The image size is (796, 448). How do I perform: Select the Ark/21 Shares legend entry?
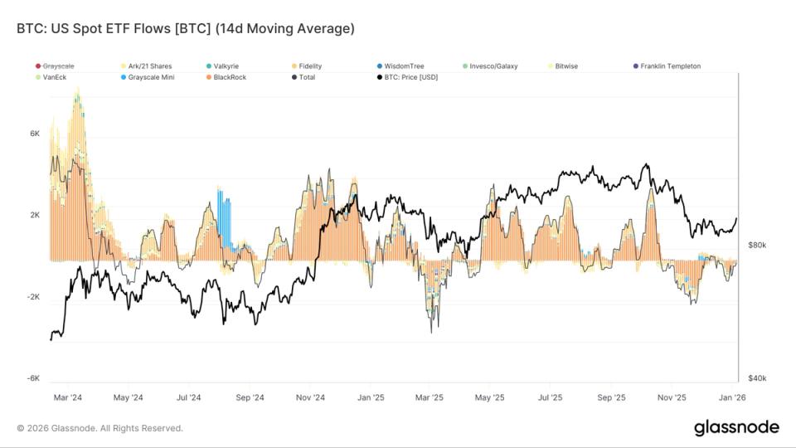coord(150,66)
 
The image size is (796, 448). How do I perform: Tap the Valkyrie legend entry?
coord(227,66)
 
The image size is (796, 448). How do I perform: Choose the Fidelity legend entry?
coord(310,66)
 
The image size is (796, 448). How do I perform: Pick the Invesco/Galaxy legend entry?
coord(493,66)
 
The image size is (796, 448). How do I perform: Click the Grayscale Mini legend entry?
coord(150,77)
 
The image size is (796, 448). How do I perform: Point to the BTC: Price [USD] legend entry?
coord(406,77)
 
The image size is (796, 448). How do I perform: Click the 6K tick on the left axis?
coord(35,134)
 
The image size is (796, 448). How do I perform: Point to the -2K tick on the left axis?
coord(33,296)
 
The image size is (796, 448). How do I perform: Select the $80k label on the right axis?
coord(757,246)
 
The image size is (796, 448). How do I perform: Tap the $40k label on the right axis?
coord(757,378)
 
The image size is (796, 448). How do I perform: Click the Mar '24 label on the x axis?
coord(67,397)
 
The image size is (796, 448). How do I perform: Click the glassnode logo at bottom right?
coord(735,427)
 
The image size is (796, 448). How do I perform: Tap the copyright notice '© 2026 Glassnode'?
coord(99,428)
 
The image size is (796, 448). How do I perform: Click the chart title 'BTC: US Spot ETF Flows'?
coord(185,29)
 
